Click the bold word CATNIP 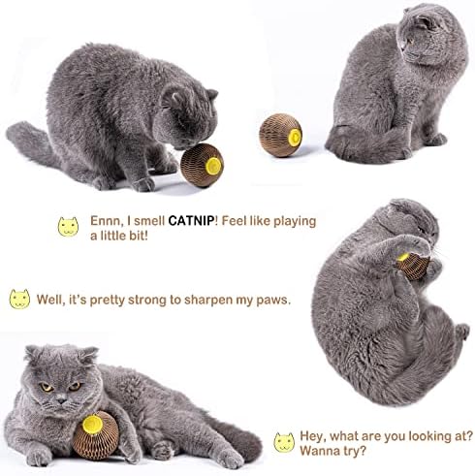coord(192,221)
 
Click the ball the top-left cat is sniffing coord(203,164)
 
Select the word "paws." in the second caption coord(269,301)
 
